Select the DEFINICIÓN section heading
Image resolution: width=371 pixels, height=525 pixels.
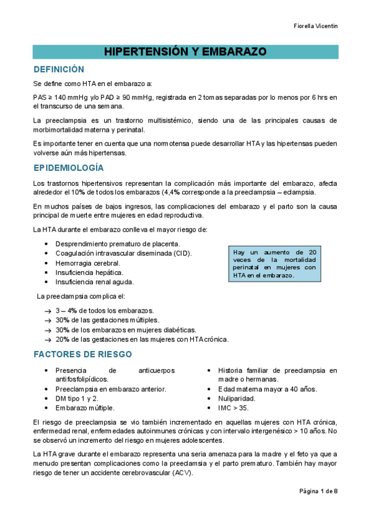[58, 69]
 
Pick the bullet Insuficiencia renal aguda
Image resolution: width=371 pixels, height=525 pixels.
[94, 282]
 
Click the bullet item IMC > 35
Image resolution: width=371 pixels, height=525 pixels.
[234, 408]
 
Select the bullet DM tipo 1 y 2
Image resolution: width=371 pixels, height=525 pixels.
[77, 399]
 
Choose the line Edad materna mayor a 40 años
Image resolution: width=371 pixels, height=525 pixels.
[267, 389]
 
